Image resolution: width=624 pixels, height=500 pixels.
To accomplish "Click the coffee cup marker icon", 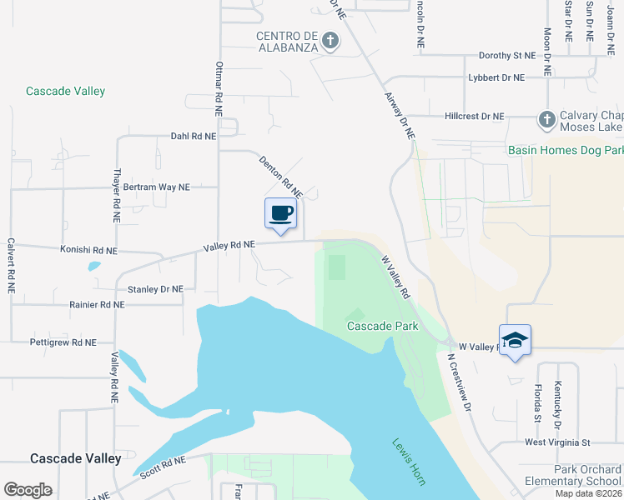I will (281, 214).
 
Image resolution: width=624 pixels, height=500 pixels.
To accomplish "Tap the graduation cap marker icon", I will (515, 340).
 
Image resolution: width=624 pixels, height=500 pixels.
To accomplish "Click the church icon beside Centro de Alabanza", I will (330, 40).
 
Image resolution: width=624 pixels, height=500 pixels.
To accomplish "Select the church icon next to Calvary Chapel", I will (546, 119).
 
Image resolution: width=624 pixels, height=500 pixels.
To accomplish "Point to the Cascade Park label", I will (382, 326).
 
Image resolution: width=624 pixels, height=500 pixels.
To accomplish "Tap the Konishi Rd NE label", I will (88, 250).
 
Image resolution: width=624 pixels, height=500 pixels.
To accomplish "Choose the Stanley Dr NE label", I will (155, 289).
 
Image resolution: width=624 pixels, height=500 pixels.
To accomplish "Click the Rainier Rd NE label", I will (98, 305).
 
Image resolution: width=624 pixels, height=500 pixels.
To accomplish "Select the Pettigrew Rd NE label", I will (63, 342).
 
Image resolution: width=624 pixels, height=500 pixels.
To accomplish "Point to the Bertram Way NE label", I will (157, 187).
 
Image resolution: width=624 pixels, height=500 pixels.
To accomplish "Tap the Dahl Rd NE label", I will (193, 135).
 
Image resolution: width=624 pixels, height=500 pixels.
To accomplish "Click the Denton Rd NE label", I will (279, 176).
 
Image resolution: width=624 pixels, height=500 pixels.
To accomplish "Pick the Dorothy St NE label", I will (506, 56).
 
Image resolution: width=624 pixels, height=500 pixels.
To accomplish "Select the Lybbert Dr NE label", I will (496, 77).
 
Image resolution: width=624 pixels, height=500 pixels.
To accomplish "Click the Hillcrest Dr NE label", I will (475, 117).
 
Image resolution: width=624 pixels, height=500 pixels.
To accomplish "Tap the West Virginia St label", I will (556, 442).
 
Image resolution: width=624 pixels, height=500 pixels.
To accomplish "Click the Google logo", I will (28, 490).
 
